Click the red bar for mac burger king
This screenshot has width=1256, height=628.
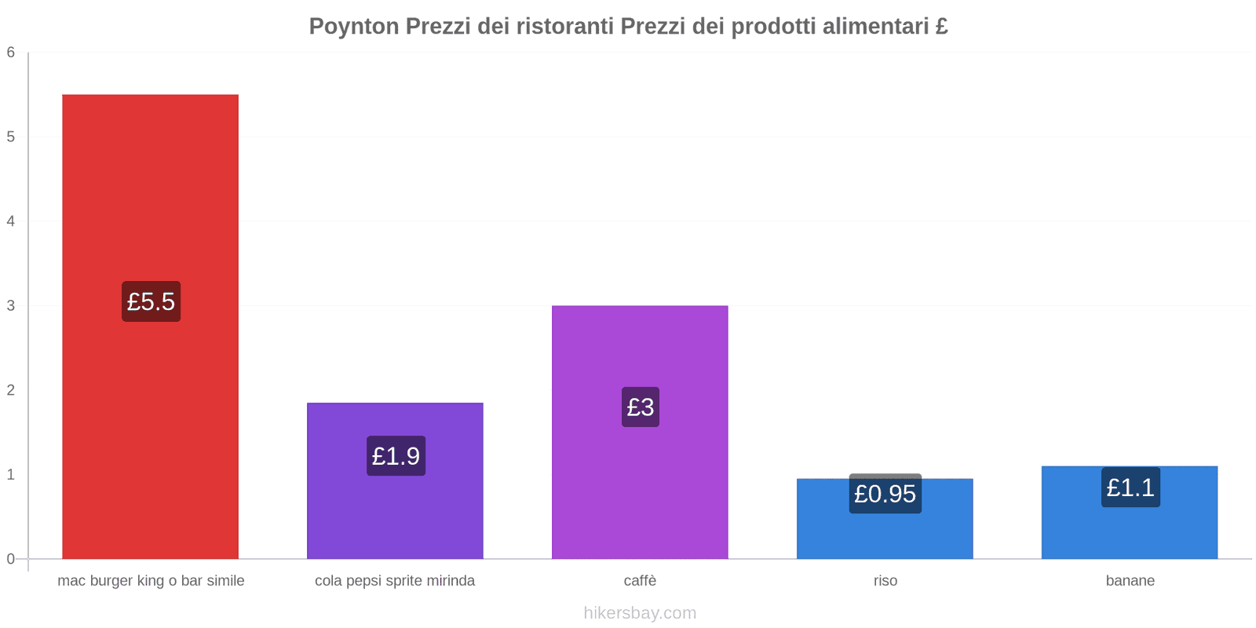click(150, 196)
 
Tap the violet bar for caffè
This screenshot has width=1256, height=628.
click(640, 487)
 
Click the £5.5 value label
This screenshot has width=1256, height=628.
click(151, 301)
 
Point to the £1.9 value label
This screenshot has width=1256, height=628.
click(396, 456)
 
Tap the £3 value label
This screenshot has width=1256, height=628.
click(641, 407)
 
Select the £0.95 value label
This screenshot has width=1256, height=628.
click(885, 494)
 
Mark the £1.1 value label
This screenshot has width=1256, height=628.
click(1130, 487)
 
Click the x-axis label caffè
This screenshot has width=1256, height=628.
click(640, 581)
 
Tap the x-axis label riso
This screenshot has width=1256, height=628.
click(885, 581)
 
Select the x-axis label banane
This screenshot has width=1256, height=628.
click(1130, 581)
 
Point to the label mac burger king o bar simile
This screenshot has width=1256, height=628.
click(151, 581)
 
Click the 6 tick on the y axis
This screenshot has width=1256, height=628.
click(11, 53)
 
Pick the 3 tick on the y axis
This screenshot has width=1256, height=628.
click(11, 305)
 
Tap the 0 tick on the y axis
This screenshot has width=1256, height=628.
click(11, 559)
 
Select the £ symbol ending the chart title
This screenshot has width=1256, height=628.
click(941, 27)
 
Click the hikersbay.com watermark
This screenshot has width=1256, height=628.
click(640, 613)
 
